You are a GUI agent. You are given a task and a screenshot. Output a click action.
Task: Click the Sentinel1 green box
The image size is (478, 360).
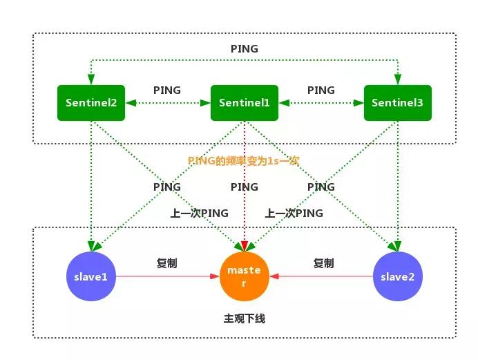[x=244, y=103]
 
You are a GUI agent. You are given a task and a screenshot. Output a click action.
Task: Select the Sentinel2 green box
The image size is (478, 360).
[x=91, y=103]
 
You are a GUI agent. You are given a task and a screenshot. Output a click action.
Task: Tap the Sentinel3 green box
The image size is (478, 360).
[x=397, y=103]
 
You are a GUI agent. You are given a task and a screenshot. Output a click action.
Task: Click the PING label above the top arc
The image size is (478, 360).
[x=244, y=49]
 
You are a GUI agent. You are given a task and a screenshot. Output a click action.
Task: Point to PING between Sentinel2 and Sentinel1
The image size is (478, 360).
[x=167, y=90]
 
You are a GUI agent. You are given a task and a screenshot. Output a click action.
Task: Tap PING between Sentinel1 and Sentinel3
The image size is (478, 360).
[x=321, y=90]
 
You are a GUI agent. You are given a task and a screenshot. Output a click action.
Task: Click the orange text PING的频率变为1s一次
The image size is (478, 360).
[x=244, y=160]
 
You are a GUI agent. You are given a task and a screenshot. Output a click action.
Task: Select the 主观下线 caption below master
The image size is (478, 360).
[x=244, y=319]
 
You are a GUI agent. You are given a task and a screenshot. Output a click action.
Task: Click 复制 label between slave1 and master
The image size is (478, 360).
[x=167, y=263]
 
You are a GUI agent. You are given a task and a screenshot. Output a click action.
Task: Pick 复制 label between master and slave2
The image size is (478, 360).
[x=323, y=263]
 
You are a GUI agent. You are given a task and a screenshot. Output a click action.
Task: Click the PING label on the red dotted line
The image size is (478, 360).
[x=244, y=187]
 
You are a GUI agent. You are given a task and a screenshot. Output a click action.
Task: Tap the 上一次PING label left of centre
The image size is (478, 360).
[x=200, y=213]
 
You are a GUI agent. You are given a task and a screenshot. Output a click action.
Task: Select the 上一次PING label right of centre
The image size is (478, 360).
[x=294, y=213]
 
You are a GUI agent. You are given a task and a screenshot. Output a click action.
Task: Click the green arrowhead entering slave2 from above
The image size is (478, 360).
[x=397, y=245]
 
